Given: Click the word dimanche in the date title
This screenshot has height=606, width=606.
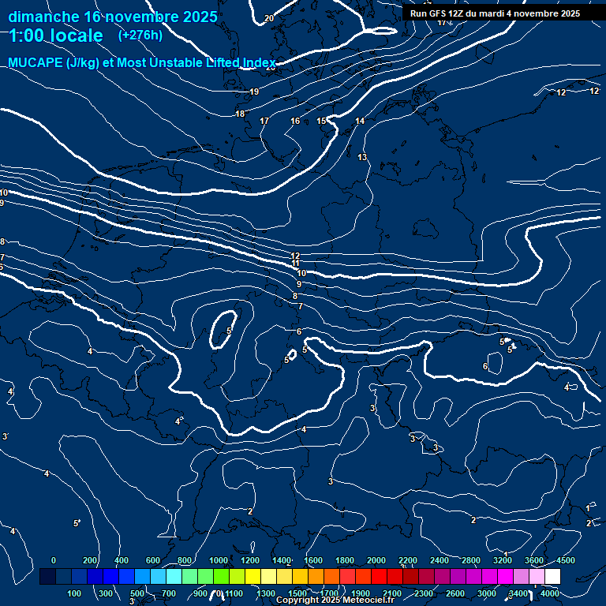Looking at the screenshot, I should pyautogui.click(x=43, y=17).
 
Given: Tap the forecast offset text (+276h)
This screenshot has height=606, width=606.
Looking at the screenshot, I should pyautogui.click(x=140, y=36).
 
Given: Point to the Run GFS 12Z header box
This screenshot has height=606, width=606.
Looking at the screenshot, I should pyautogui.click(x=495, y=13).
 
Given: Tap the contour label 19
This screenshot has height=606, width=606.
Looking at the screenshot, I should pyautogui.click(x=254, y=92).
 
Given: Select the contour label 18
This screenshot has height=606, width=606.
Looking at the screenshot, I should pyautogui.click(x=240, y=114).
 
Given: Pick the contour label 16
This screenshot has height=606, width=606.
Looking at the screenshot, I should pyautogui.click(x=295, y=121).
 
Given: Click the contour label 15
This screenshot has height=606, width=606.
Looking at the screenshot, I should pyautogui.click(x=321, y=121).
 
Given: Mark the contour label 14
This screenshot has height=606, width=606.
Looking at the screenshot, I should pyautogui.click(x=360, y=121).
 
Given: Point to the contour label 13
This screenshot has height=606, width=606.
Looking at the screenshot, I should pyautogui.click(x=362, y=158).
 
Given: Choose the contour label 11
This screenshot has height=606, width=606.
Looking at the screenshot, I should pyautogui.click(x=295, y=264).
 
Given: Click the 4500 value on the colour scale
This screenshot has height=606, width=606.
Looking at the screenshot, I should pyautogui.click(x=565, y=560).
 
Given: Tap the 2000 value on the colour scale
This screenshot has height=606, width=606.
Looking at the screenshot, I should pyautogui.click(x=376, y=560).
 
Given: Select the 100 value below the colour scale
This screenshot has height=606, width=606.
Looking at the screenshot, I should pyautogui.click(x=75, y=593).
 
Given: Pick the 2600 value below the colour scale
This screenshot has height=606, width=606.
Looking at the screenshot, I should pyautogui.click(x=455, y=593).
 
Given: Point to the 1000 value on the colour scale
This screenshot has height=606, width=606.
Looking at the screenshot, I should pyautogui.click(x=218, y=560).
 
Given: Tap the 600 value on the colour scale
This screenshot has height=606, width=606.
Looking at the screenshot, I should pyautogui.click(x=153, y=560).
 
